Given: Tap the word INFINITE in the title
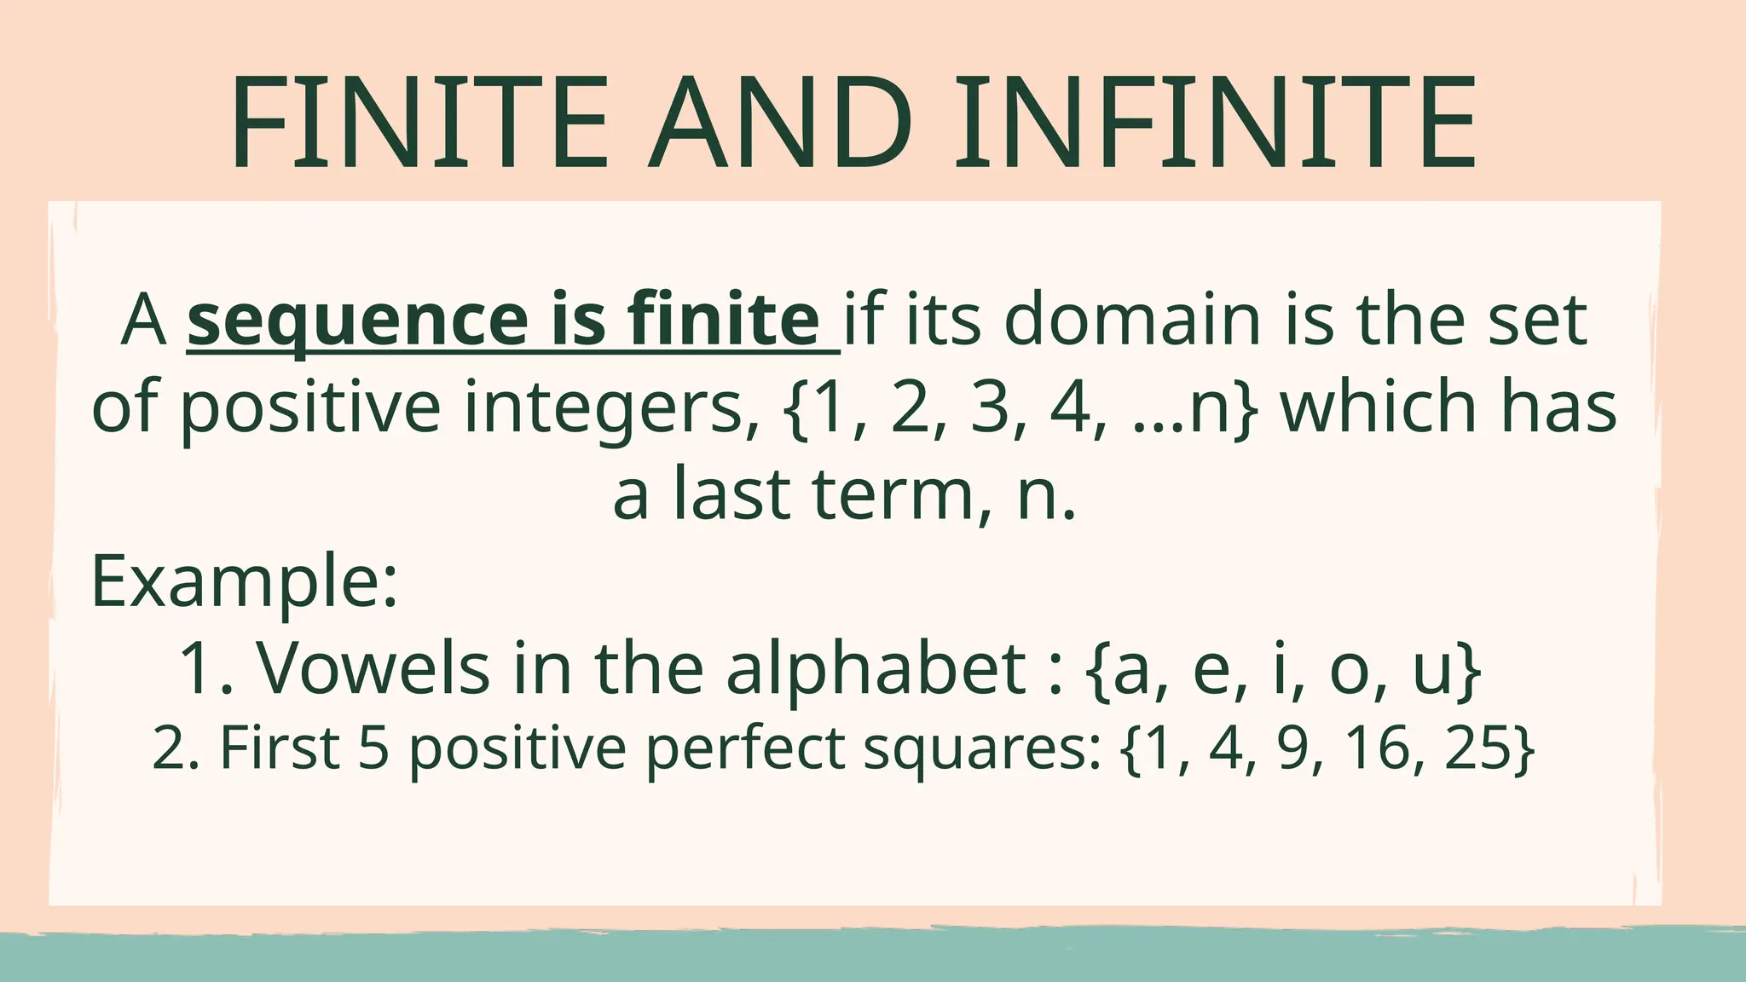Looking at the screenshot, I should [1216, 124].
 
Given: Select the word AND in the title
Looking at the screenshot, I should [779, 124].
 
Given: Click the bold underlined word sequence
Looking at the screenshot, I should [358, 320].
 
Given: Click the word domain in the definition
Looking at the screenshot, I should [1133, 320].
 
